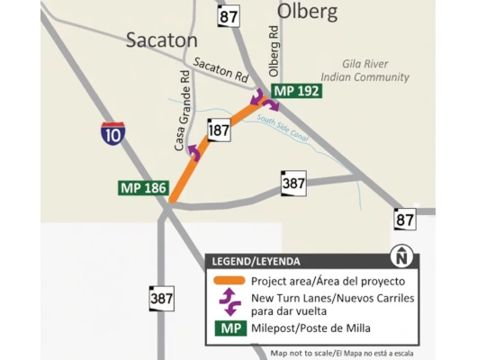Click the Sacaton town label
(161, 40)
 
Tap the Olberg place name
(306, 12)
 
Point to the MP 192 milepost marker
(296, 92)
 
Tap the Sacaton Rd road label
(220, 70)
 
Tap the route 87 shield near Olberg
(229, 16)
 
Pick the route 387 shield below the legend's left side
(162, 298)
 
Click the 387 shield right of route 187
(293, 183)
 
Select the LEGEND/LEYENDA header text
(256, 261)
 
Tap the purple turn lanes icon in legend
(229, 302)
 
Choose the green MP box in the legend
(229, 328)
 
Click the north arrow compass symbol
(400, 258)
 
